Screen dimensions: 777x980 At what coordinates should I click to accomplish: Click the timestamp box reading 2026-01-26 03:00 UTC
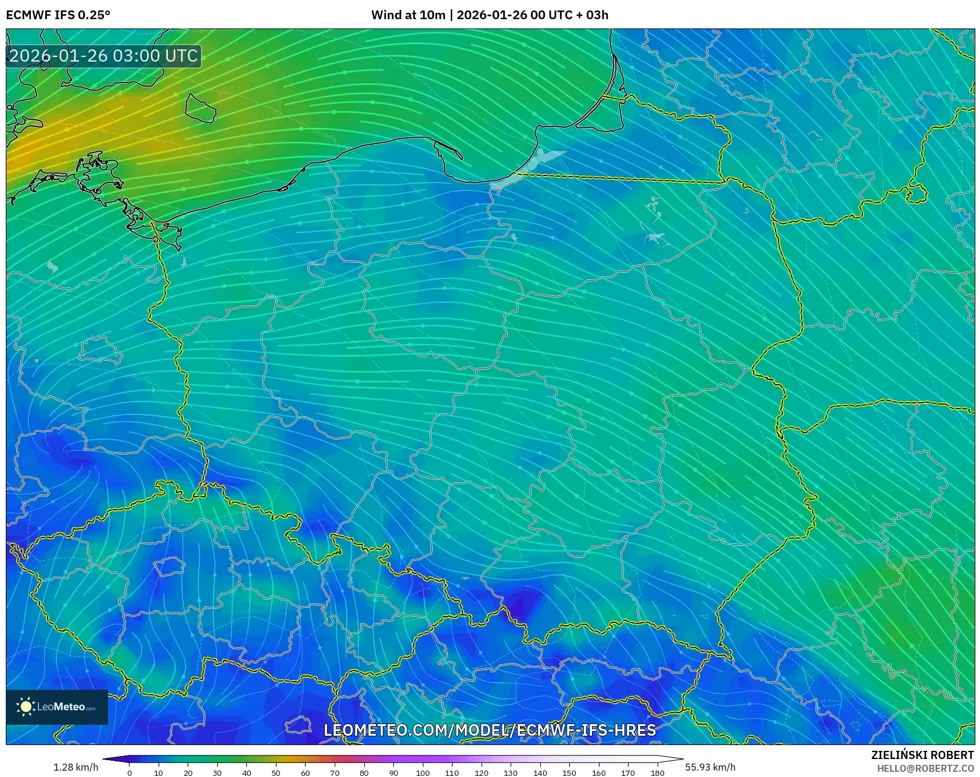[x=103, y=56]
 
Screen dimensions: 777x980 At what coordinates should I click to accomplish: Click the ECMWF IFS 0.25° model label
[x=58, y=15]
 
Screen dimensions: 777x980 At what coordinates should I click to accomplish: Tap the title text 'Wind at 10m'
[x=408, y=15]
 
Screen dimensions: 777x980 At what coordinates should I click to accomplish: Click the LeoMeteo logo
[x=57, y=707]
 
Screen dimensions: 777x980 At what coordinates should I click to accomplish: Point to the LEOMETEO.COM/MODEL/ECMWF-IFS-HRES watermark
[x=490, y=730]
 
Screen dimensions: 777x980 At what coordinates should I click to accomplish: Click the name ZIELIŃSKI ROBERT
[x=922, y=755]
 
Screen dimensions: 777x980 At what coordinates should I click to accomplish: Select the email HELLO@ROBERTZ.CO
[x=925, y=768]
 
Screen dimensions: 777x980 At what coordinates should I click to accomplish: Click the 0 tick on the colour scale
[x=130, y=772]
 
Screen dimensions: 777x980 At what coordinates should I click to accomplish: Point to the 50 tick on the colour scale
[x=276, y=772]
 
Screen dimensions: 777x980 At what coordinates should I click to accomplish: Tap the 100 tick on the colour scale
[x=422, y=772]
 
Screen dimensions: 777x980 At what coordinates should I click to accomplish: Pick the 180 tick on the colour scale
[x=657, y=772]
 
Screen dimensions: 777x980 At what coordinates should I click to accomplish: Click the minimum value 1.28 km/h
[x=76, y=767]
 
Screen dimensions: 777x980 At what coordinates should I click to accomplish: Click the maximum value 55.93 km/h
[x=710, y=767]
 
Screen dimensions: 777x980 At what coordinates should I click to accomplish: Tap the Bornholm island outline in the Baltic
[x=200, y=108]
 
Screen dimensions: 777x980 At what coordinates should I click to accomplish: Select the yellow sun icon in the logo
[x=26, y=707]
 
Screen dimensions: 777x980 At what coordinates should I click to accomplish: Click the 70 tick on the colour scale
[x=335, y=772]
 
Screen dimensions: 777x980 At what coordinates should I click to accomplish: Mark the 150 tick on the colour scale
[x=569, y=772]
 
